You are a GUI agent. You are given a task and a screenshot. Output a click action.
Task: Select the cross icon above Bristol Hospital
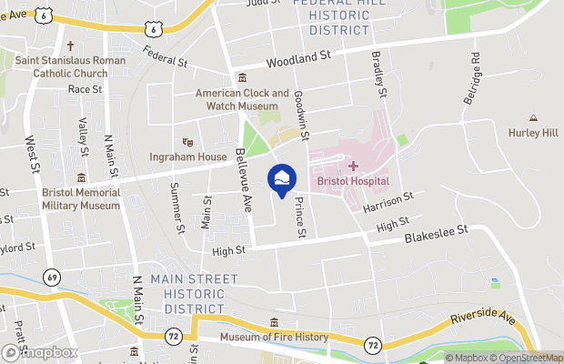[353, 166]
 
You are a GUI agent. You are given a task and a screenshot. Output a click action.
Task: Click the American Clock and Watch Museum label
[243, 99]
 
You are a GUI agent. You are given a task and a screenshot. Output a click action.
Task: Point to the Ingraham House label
[188, 157]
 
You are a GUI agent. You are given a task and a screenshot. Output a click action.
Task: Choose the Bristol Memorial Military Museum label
[80, 199]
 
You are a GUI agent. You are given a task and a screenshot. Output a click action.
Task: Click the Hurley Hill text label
[532, 133]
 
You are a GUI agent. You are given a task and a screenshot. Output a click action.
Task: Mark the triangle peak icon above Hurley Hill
[533, 118]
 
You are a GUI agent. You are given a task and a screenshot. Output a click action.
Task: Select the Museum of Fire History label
[275, 338]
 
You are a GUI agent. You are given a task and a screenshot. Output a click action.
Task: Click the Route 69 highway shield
[54, 277]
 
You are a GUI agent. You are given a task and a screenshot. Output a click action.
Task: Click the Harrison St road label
[388, 202]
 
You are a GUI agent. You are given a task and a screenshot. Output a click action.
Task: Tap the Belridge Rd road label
[472, 82]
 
